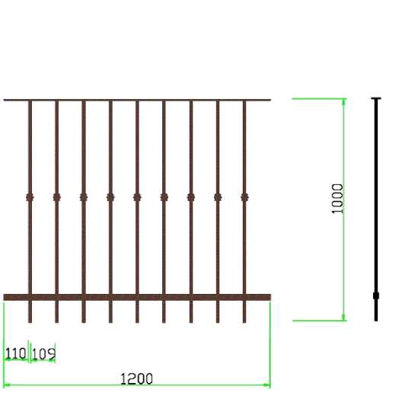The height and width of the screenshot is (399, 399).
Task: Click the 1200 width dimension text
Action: point(136,378)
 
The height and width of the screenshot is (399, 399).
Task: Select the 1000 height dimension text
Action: point(337,199)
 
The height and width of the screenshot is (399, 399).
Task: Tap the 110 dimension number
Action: point(15,353)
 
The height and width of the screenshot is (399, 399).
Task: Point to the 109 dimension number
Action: point(43,354)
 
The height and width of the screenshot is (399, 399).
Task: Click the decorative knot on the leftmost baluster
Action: point(30,197)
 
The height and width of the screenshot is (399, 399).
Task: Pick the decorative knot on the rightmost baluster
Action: point(244,197)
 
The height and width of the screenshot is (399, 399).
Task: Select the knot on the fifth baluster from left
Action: point(137,197)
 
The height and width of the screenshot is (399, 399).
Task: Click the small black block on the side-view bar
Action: point(376,295)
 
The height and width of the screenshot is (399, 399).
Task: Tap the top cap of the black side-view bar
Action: point(376,98)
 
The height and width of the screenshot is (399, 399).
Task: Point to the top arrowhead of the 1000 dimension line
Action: point(343,102)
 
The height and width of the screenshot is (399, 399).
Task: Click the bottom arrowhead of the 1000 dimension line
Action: point(343,318)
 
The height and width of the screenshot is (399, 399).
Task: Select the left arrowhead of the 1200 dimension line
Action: point(7,385)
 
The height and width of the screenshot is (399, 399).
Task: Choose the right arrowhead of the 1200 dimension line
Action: point(267,385)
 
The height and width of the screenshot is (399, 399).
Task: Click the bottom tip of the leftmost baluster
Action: point(30,323)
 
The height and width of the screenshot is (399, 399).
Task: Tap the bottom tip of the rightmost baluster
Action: point(244,323)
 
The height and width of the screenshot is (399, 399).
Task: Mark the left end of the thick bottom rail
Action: point(4,297)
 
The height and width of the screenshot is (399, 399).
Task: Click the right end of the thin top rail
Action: point(270,100)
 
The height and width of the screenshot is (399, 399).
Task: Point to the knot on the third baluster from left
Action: point(84,197)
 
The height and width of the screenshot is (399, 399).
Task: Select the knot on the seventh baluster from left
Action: point(191,197)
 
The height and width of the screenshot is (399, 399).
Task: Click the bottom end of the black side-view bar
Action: point(376,321)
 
